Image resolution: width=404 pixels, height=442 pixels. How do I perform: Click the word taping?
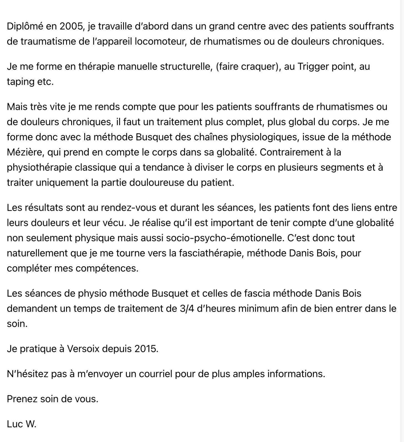point(20,82)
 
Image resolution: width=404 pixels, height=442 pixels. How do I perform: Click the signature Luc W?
point(22,424)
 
